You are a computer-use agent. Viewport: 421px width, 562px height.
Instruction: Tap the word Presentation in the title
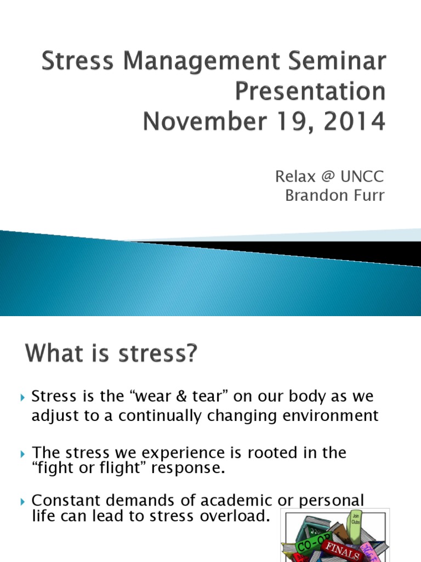point(310,92)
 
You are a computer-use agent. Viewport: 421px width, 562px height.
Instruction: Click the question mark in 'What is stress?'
point(189,353)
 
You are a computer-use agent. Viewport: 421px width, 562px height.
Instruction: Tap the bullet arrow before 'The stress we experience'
point(22,454)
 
